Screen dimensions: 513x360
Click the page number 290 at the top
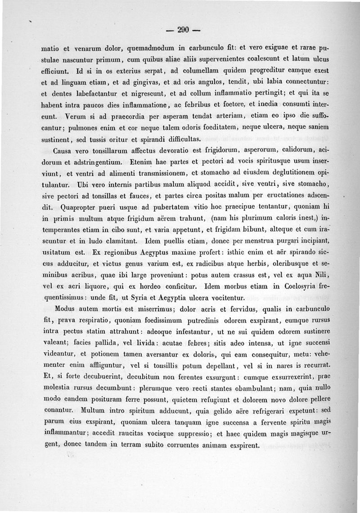pyautogui.click(x=182, y=30)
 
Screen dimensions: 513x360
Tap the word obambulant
pyautogui.click(x=246, y=387)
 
